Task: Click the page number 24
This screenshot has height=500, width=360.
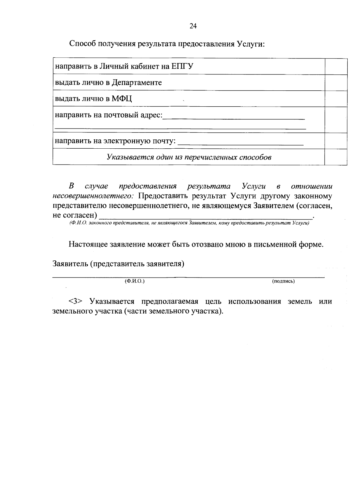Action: pos(193,26)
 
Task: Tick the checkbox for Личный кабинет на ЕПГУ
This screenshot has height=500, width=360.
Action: pos(336,66)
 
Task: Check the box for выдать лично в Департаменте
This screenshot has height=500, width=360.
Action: pos(336,83)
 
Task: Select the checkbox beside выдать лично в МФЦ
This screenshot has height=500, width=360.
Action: pos(336,98)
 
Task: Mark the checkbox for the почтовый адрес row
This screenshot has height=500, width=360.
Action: pos(336,120)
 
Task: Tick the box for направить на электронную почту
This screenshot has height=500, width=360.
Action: pos(336,141)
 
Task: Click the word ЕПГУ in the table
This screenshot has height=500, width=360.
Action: pos(182,66)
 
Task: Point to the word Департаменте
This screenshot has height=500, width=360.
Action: pos(137,83)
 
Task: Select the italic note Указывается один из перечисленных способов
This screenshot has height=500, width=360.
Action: pos(189,157)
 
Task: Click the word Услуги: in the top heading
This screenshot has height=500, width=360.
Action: pos(250,44)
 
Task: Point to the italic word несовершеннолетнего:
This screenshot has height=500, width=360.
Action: pos(94,196)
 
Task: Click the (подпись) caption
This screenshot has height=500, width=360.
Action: pos(283,281)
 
